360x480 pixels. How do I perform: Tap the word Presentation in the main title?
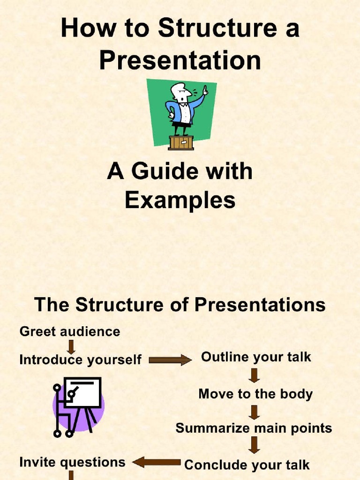coord(180,60)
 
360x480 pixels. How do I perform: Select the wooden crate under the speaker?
coord(181,142)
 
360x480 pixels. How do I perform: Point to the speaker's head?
coord(179,91)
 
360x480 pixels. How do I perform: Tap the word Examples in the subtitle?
coord(180,201)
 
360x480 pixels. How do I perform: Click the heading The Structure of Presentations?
coord(180,305)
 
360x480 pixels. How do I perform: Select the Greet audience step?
coord(70,332)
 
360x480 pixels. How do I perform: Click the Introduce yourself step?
coord(80,360)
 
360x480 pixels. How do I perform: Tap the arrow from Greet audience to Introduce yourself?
coord(72,346)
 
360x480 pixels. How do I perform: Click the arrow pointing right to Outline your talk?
coord(170,360)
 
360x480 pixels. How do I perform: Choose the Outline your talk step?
coord(256,357)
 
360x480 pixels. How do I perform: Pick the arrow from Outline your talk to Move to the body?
coord(255,375)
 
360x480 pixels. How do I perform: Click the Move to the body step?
coord(255,394)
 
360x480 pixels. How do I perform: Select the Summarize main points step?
coord(254,428)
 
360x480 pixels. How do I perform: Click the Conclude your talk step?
coord(247,465)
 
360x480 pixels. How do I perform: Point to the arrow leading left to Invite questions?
coord(157,463)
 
